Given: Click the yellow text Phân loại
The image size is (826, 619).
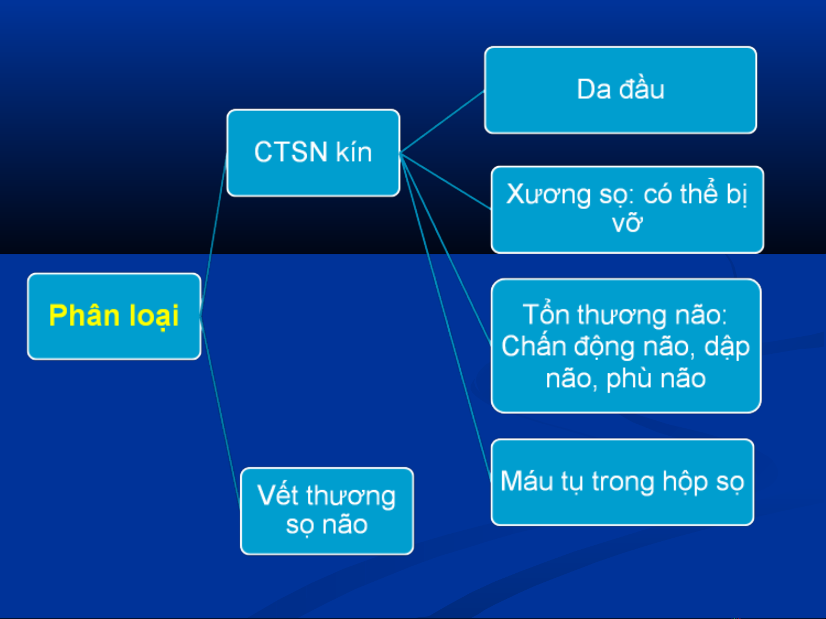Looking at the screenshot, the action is tap(113, 316).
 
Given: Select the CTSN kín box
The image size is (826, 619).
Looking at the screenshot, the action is tap(314, 152).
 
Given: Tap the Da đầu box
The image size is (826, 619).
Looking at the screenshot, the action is tap(621, 90).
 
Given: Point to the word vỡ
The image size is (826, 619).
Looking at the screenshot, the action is tap(627, 223).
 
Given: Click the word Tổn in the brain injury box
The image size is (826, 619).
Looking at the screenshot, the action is tap(546, 314).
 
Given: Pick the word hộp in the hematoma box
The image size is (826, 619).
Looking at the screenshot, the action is tap(685, 483).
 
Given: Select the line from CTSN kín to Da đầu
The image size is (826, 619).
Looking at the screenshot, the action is tap(442, 122).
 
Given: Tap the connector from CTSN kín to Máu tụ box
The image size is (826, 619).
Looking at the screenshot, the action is tap(445, 318).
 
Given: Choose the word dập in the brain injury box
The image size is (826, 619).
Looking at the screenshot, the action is tap(727, 347).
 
